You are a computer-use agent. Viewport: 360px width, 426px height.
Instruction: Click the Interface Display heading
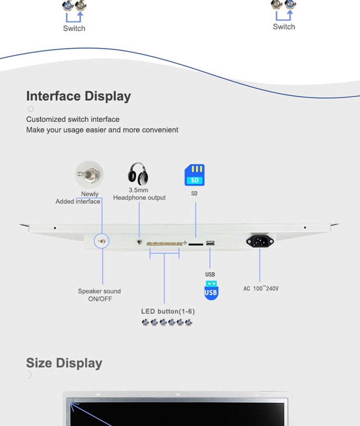pos(78,96)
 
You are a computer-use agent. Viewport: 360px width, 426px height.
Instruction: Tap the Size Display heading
pos(64,363)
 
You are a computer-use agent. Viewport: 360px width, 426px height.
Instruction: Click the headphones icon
pos(138,174)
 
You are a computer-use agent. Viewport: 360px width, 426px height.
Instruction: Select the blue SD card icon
pos(194,175)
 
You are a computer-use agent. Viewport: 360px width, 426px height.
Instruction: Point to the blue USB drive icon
pos(211,290)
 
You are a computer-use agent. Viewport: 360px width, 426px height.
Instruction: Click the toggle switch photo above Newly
pos(89,175)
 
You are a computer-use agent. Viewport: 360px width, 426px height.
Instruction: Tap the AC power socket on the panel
pos(260,241)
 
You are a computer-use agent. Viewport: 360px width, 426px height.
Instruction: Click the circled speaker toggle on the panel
pos(102,241)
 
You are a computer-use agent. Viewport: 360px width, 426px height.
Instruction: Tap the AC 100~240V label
pos(261,288)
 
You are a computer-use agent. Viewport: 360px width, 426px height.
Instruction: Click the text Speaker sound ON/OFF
pos(99,295)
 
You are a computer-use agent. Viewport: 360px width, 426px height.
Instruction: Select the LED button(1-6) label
pos(168,311)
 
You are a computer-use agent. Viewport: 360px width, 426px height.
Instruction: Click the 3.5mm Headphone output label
pos(139,194)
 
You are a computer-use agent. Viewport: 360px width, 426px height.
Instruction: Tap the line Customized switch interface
pos(73,119)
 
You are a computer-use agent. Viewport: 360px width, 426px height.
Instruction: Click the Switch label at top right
pos(284,27)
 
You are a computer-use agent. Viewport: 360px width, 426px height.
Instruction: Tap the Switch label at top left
pos(74,28)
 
